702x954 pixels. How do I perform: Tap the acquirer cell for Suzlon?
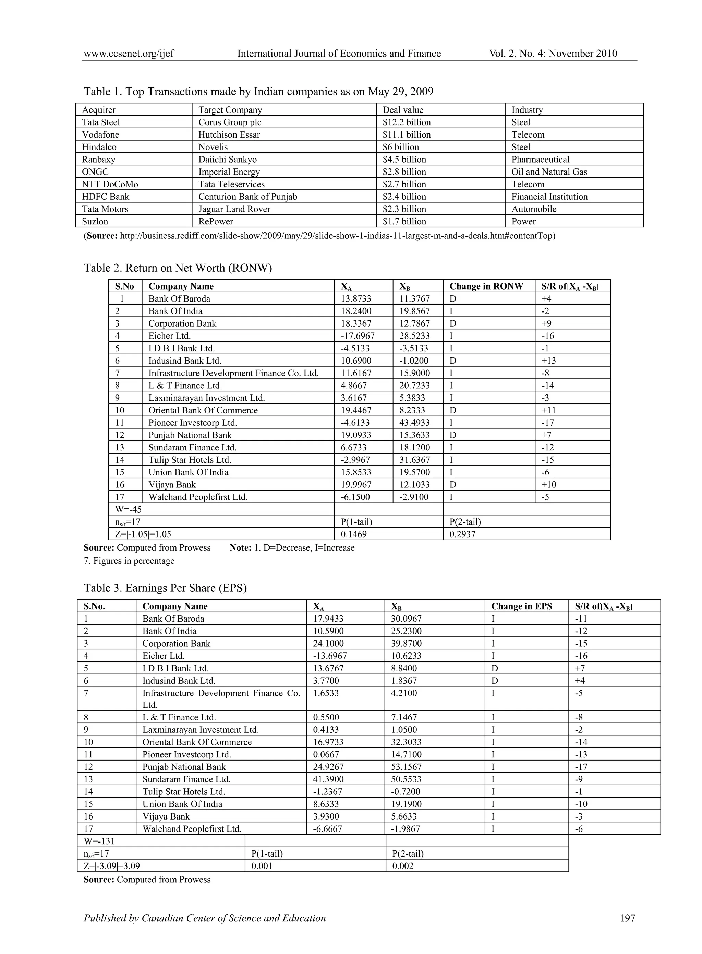pyautogui.click(x=95, y=221)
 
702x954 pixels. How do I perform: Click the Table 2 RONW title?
pyautogui.click(x=178, y=268)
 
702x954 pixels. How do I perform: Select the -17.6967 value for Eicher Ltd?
pyautogui.click(x=358, y=336)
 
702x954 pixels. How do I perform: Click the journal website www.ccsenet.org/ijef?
pyautogui.click(x=129, y=54)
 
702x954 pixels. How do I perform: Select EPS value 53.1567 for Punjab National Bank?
pyautogui.click(x=407, y=767)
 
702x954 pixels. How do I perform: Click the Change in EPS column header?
pyautogui.click(x=521, y=606)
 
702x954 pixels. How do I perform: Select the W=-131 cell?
pyautogui.click(x=99, y=841)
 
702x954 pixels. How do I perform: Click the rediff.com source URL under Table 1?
pyautogui.click(x=337, y=236)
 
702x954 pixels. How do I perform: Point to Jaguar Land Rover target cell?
pyautogui.click(x=234, y=209)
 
